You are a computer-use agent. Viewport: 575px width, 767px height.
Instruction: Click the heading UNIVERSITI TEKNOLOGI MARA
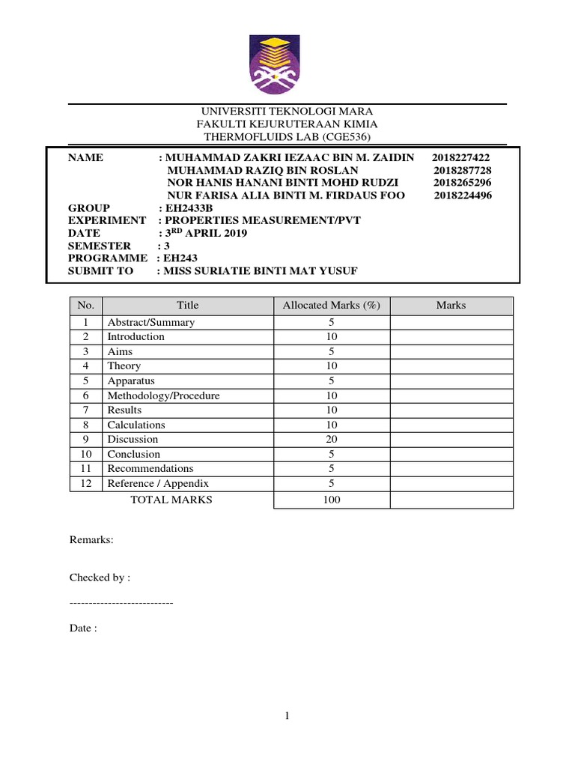coord(287,111)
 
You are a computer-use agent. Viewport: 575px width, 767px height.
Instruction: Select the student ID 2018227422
coord(461,158)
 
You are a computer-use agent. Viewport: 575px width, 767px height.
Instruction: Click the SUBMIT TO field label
coord(100,270)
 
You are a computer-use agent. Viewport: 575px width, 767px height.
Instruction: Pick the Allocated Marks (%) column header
coord(332,306)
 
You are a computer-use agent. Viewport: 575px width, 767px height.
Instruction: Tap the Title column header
coord(188,306)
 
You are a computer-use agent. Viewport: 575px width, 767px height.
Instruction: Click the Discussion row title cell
coord(133,440)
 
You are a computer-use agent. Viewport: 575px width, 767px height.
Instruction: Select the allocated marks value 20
coord(332,440)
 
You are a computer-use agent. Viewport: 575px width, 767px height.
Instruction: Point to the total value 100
coord(332,500)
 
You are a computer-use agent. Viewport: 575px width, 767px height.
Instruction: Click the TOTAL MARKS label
coord(171,500)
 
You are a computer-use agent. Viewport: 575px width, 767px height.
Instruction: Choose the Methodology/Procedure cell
coord(163,395)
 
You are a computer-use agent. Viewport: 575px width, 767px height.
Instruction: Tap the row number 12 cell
coord(86,484)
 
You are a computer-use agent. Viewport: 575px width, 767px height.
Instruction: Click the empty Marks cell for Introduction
coord(451,337)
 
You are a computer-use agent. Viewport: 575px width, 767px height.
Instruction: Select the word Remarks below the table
coord(91,539)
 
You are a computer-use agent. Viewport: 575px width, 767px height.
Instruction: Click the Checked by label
coord(100,577)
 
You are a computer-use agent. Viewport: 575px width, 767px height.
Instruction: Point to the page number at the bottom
coord(287,717)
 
